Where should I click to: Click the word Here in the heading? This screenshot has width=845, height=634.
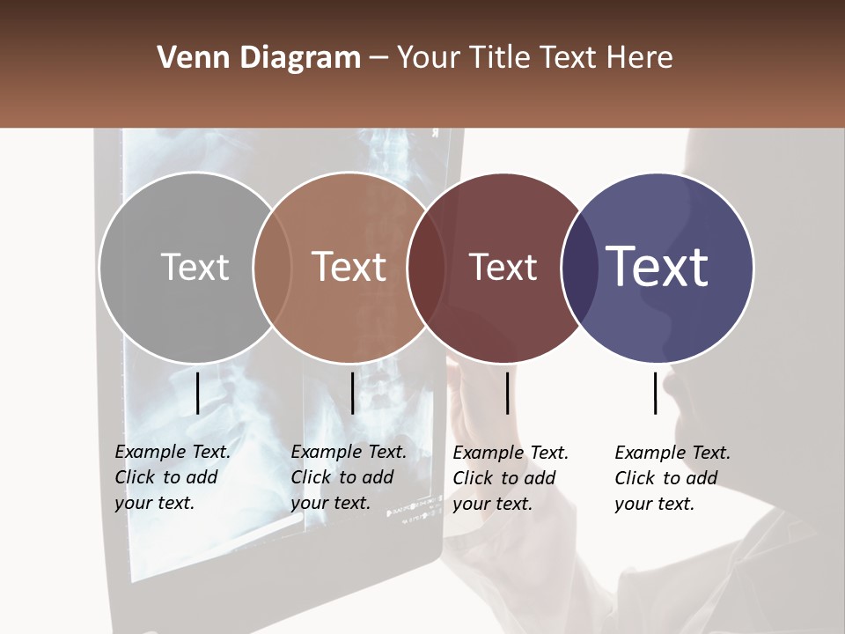pos(639,58)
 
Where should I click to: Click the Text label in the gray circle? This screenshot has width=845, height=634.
pos(195,267)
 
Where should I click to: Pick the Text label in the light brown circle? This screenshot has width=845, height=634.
pos(349,267)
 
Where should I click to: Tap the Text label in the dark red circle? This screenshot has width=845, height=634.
pos(503,267)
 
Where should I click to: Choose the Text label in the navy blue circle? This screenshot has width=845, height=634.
pos(658,267)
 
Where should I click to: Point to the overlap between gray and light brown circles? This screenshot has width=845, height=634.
pos(272,267)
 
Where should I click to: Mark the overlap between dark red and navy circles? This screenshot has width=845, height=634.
pos(580,267)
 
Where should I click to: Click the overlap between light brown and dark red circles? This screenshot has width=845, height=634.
pos(426,267)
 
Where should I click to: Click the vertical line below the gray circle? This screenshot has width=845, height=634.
pos(197,393)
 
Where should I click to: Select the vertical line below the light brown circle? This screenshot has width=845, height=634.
pos(352,393)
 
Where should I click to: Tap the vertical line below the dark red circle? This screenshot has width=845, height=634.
pos(507,393)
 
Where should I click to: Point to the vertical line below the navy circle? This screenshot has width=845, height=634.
pos(655,393)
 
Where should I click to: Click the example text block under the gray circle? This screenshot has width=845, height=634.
pos(173,477)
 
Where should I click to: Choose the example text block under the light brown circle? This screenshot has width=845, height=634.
pos(349,477)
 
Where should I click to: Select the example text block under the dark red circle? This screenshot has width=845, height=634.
pos(511,478)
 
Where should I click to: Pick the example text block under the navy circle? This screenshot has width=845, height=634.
pos(672,478)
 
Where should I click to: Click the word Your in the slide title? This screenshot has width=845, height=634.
pos(430,58)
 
